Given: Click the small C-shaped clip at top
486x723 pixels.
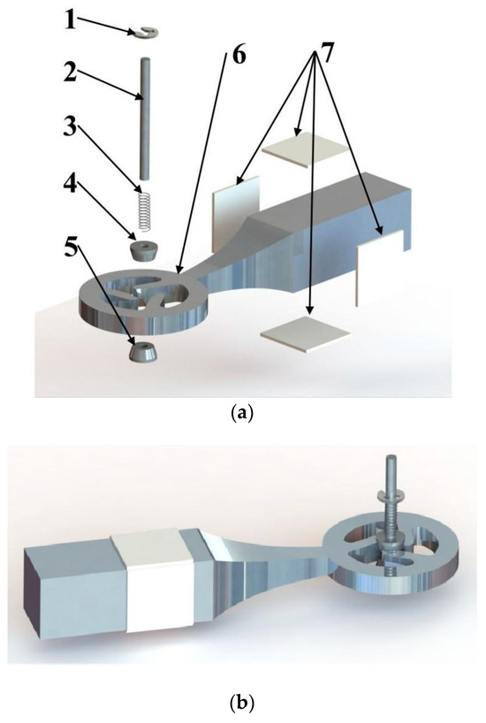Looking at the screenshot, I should pyautogui.click(x=148, y=34).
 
